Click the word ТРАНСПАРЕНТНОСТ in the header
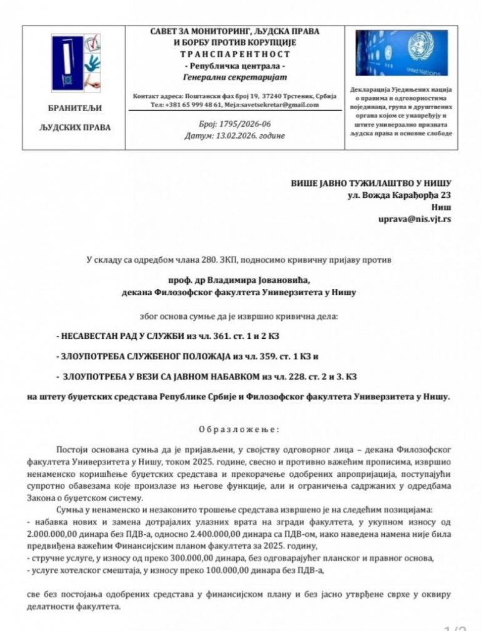(235, 54)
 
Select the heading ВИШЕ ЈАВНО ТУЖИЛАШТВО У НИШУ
(370, 183)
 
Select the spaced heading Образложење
(240, 429)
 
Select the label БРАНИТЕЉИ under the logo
(74, 108)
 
